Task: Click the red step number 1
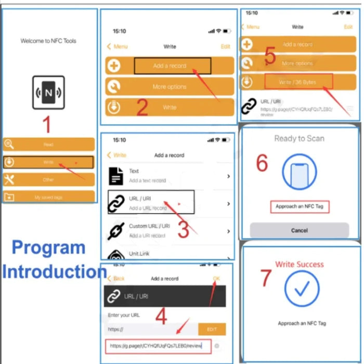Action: point(47,125)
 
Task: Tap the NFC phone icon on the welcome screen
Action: point(48,93)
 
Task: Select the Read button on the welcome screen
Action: point(48,145)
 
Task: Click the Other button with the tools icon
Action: point(48,180)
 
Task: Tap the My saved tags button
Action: point(48,197)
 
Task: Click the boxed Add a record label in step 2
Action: point(173,66)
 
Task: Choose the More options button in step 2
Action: point(170,87)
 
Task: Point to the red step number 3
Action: point(183,229)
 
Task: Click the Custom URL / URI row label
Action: point(149,226)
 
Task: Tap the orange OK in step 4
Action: point(216,279)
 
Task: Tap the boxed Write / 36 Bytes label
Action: point(298,82)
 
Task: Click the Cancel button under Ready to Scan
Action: point(299,230)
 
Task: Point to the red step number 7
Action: point(266,278)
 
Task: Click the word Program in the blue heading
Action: point(48,247)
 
